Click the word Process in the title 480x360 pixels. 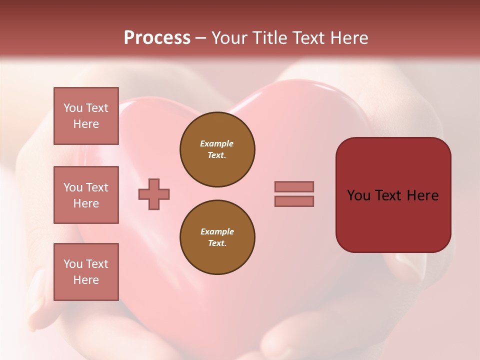pos(157,38)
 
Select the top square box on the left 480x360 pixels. pos(86,116)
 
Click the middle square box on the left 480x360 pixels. pos(86,195)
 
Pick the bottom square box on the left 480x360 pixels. pos(86,272)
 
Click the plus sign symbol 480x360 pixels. pos(154,194)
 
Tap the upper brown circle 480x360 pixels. pos(217,149)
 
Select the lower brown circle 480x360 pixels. pos(217,237)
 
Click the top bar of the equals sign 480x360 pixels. pos(294,186)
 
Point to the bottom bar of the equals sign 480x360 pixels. pos(294,201)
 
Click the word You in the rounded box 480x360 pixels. pos(358,195)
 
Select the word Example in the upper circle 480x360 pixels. pos(217,143)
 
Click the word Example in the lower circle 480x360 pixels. pos(217,231)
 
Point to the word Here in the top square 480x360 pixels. pos(86,124)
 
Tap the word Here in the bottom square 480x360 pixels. pos(86,280)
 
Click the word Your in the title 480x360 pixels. pos(230,38)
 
